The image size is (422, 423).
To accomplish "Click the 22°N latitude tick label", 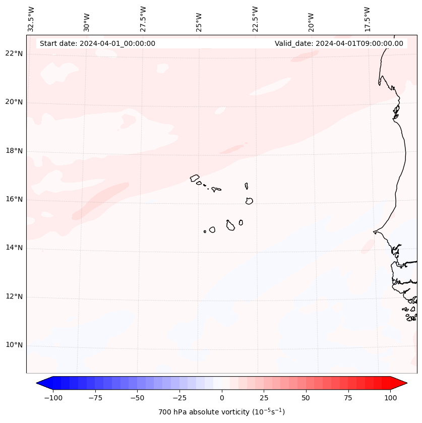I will tap(14, 54).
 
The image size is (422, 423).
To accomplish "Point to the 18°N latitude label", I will tap(14, 151).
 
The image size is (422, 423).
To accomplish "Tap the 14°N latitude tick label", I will tap(14, 248).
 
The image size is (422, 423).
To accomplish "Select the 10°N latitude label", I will tap(14, 345).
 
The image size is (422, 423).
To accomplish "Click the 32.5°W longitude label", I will tap(31, 19).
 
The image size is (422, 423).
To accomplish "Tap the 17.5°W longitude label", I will tap(367, 19).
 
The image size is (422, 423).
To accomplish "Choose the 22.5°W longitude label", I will tap(255, 19).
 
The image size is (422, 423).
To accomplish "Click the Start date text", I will tap(97, 43).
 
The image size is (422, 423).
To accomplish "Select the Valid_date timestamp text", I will tap(339, 43).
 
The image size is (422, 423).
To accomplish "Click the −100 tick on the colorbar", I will tap(53, 398).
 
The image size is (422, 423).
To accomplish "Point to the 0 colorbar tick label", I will tap(222, 398).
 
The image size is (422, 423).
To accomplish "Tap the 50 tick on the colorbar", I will tap(306, 398).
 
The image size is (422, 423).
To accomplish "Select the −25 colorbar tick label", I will tap(179, 398).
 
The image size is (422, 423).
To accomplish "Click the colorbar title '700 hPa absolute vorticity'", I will tap(222, 412).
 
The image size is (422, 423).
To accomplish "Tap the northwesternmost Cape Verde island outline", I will tap(195, 177).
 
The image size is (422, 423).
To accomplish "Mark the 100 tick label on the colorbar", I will tap(390, 398).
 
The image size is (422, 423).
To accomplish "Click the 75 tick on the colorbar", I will tap(348, 398).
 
